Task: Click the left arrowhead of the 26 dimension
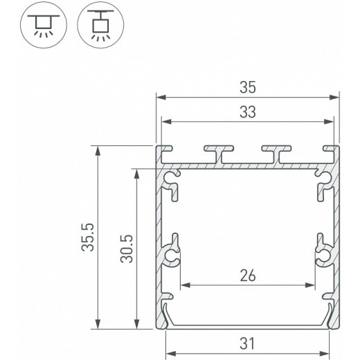[183, 285]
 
